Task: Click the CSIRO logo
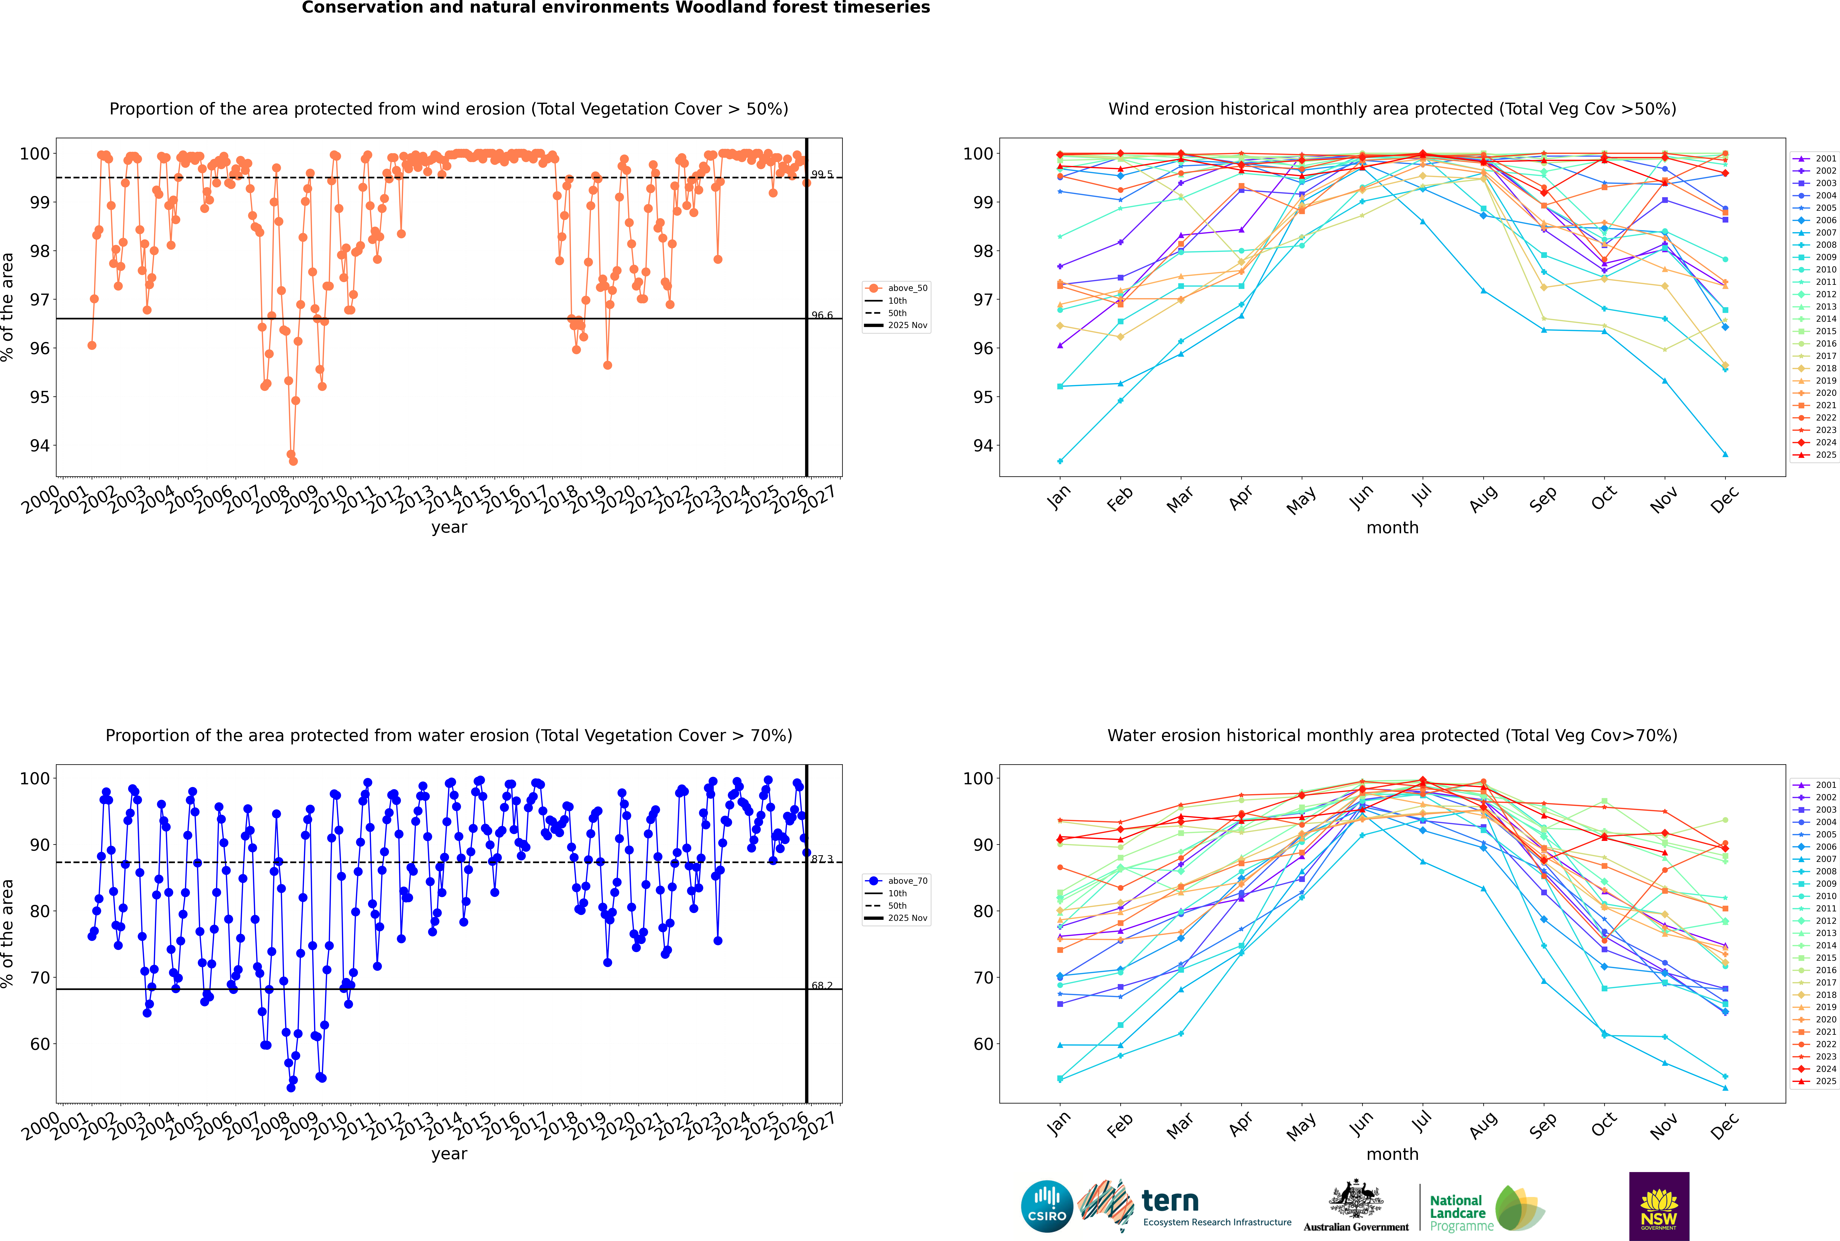click(1047, 1206)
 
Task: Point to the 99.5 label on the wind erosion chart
click(822, 174)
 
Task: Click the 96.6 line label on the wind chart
click(822, 315)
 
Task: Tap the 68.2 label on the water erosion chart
click(822, 985)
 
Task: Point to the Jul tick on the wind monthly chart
click(1422, 496)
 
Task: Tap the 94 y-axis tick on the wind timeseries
click(39, 446)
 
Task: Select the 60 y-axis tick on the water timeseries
click(39, 1044)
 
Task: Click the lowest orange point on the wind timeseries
click(293, 461)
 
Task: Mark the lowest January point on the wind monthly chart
click(1060, 461)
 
